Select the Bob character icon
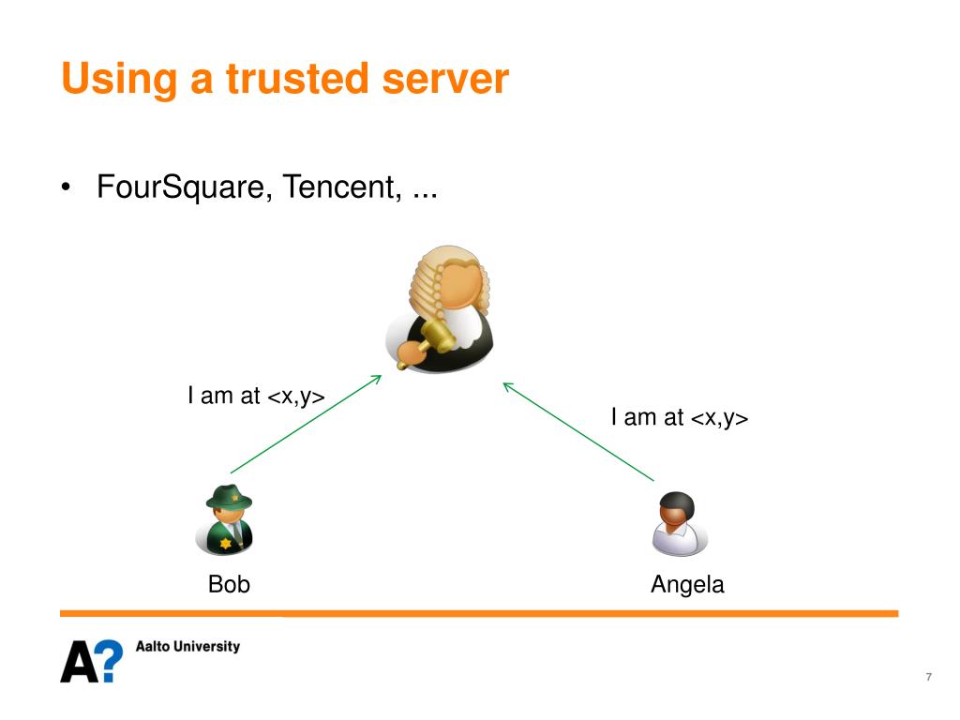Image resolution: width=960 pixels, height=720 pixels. (x=226, y=520)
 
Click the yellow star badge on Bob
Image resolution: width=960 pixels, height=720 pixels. (x=225, y=543)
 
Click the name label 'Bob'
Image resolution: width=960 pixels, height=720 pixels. (x=229, y=585)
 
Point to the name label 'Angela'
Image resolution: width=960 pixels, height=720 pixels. (x=687, y=585)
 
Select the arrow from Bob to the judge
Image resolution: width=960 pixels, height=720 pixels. (x=306, y=424)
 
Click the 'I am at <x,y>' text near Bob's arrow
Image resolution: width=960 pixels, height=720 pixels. (x=256, y=396)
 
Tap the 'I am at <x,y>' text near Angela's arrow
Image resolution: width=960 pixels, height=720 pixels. (x=680, y=417)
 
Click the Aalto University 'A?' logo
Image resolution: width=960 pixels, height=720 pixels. (x=91, y=660)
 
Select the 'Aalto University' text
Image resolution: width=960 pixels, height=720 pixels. (x=187, y=646)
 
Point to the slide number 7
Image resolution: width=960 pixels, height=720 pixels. (x=928, y=677)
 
